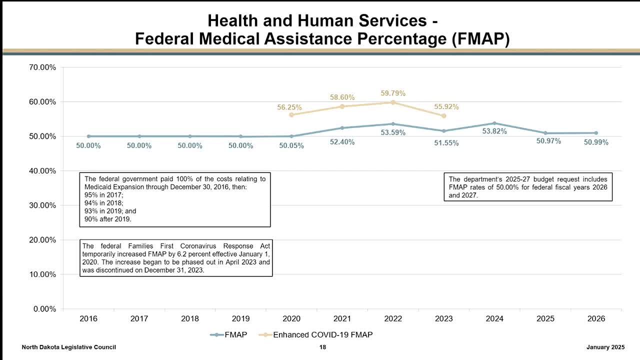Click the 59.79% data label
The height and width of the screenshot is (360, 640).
(x=393, y=93)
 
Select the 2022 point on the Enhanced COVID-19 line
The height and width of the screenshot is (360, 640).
(x=393, y=102)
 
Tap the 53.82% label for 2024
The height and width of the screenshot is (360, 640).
(x=494, y=131)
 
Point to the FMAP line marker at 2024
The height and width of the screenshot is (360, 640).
(x=494, y=123)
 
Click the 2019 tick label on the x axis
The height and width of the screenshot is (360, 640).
(x=240, y=318)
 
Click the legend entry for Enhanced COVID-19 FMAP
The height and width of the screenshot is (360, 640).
(x=322, y=334)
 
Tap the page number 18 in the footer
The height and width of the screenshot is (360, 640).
(x=322, y=347)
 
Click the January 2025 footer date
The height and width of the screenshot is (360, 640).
(x=605, y=347)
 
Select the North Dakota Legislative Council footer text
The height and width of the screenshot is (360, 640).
(x=69, y=347)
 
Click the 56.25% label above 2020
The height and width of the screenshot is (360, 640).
(x=289, y=107)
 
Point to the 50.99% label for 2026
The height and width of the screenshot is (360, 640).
(x=596, y=142)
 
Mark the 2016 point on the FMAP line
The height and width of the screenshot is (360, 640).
(x=88, y=136)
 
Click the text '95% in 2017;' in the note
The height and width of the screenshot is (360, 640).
(x=103, y=195)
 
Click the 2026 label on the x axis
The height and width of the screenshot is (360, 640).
(x=596, y=318)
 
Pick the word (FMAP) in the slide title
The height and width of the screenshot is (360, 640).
(x=480, y=38)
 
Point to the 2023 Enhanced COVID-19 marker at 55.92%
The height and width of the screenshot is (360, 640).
(x=444, y=115)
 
